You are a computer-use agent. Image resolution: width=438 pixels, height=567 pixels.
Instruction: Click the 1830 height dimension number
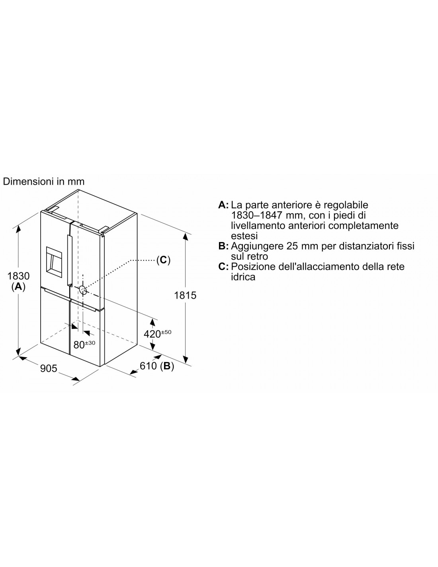tap(18, 276)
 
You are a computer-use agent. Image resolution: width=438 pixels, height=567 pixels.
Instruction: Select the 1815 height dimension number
tap(185, 295)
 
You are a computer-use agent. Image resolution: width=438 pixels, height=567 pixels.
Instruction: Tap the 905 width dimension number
tap(49, 368)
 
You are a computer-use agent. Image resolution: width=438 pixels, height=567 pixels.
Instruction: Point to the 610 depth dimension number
tap(148, 366)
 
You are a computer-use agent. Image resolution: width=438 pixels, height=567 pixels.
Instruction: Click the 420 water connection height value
tap(152, 334)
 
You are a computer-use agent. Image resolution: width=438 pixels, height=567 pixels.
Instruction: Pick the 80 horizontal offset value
tap(79, 345)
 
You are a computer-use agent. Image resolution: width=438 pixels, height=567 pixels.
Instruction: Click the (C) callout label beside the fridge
tap(163, 260)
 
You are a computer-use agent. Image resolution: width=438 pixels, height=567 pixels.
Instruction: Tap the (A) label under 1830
tap(18, 287)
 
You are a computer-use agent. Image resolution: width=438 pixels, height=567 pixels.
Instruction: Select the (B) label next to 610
tap(167, 366)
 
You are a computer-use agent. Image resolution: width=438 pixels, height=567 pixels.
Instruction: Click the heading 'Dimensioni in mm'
tap(44, 181)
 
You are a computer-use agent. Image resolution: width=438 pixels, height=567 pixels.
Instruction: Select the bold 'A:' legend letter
tap(223, 205)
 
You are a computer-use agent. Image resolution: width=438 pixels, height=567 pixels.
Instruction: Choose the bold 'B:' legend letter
tap(223, 246)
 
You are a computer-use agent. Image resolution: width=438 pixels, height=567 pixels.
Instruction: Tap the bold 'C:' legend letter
tap(223, 266)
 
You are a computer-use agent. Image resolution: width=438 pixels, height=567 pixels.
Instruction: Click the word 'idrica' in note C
tap(243, 277)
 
